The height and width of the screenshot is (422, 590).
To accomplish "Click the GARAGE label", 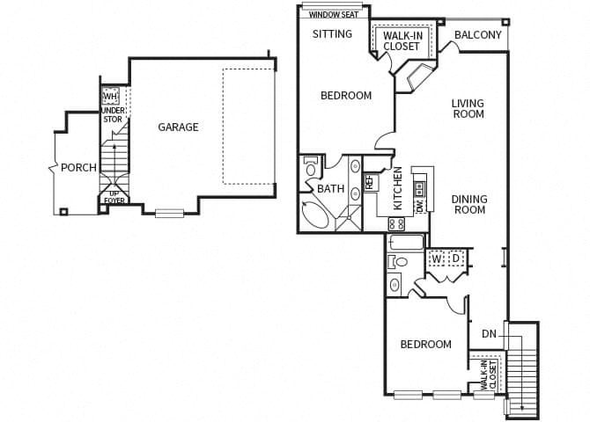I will tap(178, 127).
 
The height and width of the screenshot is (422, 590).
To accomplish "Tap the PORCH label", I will tap(78, 168).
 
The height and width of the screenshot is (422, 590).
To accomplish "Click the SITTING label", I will tap(333, 34).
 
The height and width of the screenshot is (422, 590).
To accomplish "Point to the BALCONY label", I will tap(478, 35).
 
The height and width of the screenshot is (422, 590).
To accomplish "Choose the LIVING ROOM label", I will tap(468, 109).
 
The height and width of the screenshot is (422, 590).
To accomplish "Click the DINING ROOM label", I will tap(469, 205).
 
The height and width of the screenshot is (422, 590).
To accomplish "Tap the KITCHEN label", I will tap(398, 188).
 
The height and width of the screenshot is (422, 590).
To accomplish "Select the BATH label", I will tap(331, 188).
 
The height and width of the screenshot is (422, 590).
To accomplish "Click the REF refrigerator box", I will tap(370, 183).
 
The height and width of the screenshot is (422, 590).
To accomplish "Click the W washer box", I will tap(437, 258).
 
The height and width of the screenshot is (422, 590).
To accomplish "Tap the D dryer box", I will tap(455, 258).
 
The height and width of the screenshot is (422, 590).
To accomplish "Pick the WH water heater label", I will tap(110, 97).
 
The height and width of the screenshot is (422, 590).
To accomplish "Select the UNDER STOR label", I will tap(113, 114).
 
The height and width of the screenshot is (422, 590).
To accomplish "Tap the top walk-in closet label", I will tap(401, 40).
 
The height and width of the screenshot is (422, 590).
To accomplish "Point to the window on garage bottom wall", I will tap(169, 212).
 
